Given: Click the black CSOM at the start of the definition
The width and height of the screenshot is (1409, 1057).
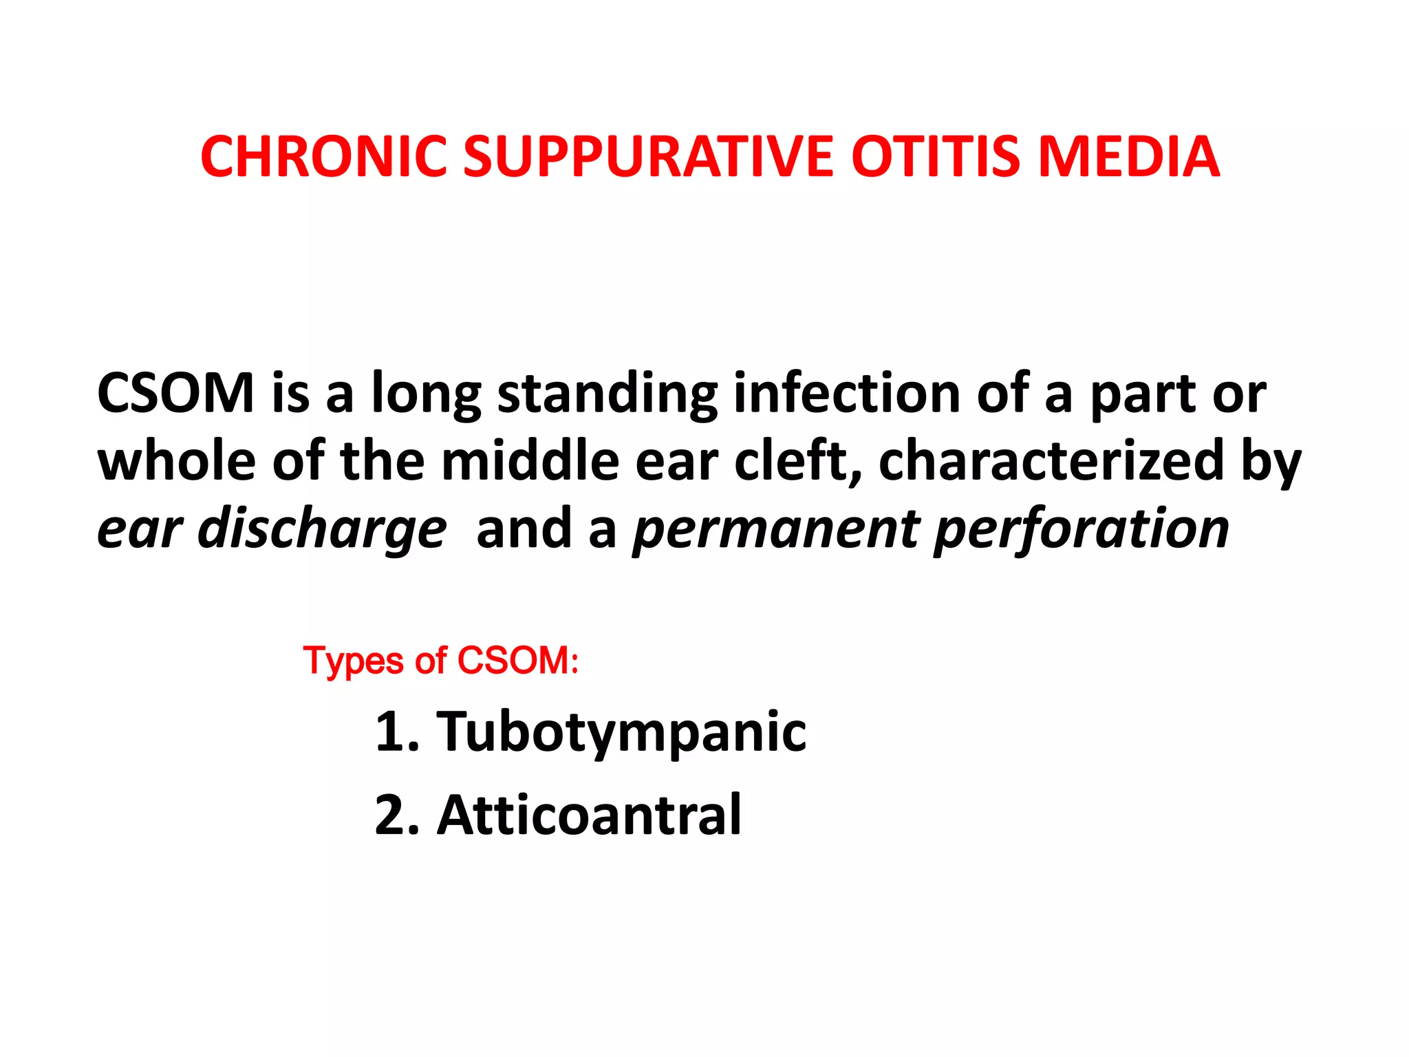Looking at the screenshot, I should click(176, 393).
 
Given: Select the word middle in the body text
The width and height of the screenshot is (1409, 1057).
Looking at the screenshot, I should click(530, 460).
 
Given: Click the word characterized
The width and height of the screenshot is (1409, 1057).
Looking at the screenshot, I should click(1051, 460).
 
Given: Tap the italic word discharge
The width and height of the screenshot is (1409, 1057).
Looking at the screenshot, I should click(322, 529).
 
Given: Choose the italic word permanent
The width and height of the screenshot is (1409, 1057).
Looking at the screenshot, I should click(777, 529).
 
